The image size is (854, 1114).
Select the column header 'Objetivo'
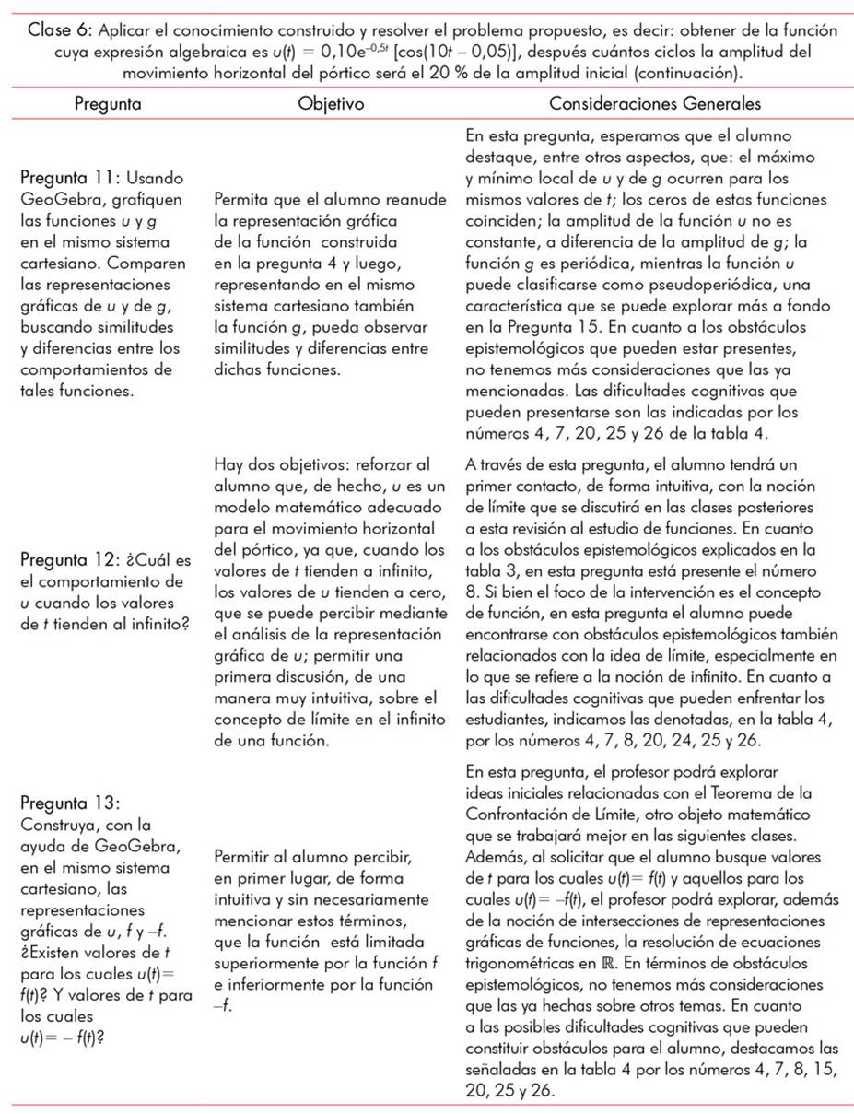coord(332,104)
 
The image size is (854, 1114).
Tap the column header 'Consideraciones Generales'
coord(655,104)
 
